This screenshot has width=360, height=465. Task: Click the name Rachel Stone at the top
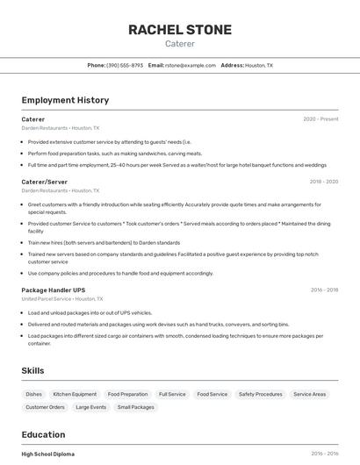tap(180, 30)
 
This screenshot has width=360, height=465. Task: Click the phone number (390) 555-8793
tap(125, 65)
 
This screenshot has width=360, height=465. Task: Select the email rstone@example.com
tap(191, 65)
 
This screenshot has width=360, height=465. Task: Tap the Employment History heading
tap(65, 100)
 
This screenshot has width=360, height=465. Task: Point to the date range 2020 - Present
tap(320, 119)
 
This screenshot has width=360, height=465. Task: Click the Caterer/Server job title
tap(44, 182)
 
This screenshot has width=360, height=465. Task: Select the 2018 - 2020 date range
tap(324, 182)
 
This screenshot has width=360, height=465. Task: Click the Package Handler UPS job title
tap(54, 290)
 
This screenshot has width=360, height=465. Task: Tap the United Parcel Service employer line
tap(60, 298)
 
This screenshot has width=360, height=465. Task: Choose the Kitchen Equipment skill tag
tap(75, 394)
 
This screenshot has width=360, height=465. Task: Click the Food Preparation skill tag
tap(127, 394)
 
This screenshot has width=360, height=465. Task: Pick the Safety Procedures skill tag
tap(261, 394)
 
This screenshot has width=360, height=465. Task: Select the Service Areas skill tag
tap(309, 394)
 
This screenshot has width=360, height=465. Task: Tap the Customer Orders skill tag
tap(45, 407)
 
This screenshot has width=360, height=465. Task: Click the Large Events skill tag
tap(90, 407)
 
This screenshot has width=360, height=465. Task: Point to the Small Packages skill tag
tap(135, 407)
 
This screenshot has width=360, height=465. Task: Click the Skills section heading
tap(32, 371)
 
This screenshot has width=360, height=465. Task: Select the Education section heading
tap(43, 434)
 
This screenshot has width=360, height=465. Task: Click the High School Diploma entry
tap(48, 454)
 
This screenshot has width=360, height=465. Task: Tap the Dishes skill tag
tap(33, 394)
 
